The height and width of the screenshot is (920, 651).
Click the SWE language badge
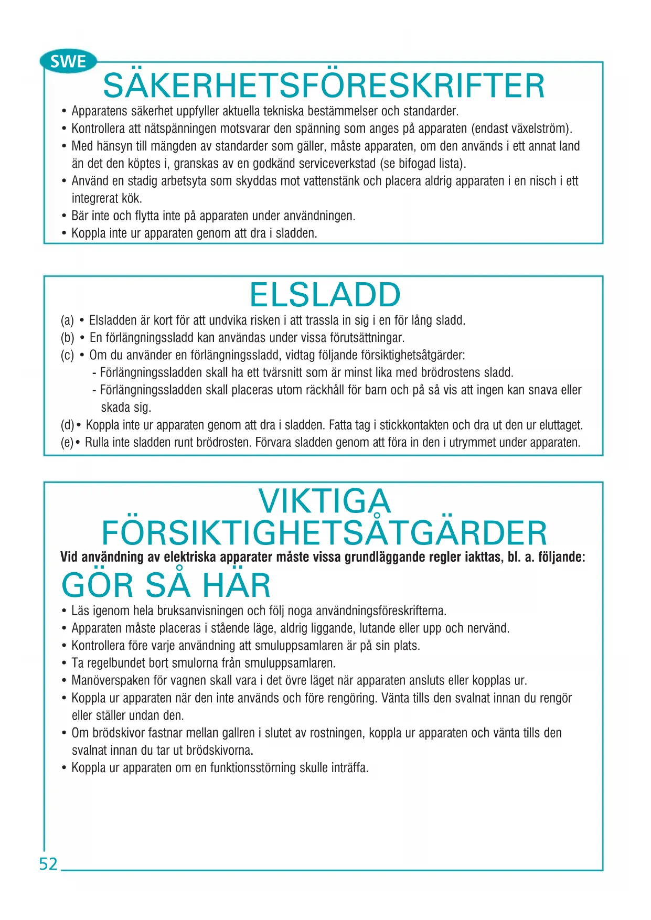point(68,62)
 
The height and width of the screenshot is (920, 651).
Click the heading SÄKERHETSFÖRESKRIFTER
point(324,86)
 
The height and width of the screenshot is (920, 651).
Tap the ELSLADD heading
point(325,295)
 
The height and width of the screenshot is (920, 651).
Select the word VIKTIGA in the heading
point(325,501)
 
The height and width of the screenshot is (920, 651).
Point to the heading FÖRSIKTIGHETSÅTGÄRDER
point(324,533)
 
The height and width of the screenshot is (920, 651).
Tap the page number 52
point(48,864)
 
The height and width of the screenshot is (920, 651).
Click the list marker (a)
point(67,320)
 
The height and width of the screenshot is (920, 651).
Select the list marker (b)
point(67,338)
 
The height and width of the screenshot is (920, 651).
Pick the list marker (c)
point(67,355)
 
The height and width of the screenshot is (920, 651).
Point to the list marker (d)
point(67,425)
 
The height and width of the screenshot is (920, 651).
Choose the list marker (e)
point(67,443)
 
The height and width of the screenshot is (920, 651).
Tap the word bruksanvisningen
point(200,611)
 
